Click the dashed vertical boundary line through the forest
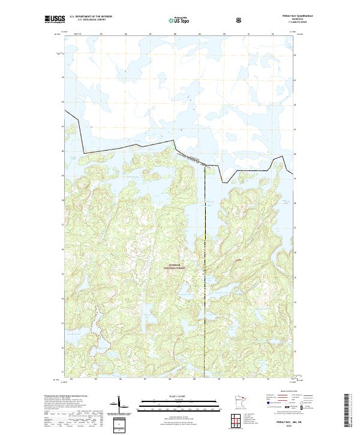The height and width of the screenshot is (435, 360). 205,270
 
